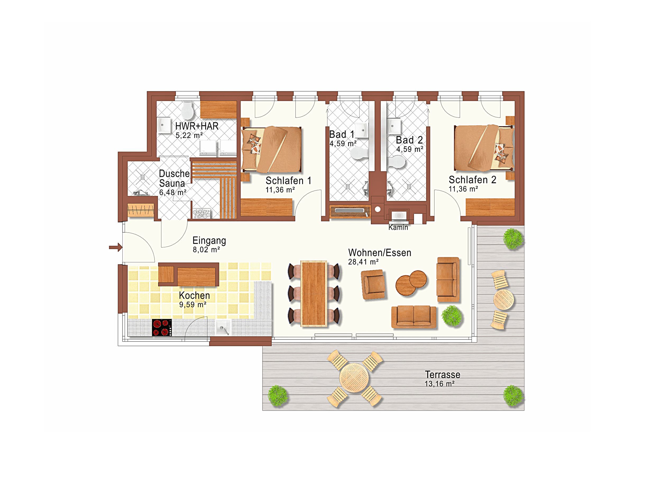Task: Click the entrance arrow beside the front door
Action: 116,247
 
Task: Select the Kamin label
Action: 398,227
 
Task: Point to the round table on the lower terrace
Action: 354,378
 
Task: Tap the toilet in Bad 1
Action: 360,154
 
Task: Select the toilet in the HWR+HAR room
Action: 188,110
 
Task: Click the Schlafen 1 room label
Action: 288,181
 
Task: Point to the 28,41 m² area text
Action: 363,262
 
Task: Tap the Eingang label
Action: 209,241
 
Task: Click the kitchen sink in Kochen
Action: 223,328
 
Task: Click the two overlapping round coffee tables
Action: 411,283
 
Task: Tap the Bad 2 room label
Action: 409,140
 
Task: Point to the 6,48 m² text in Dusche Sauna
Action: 172,192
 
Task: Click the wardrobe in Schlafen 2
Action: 490,207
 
